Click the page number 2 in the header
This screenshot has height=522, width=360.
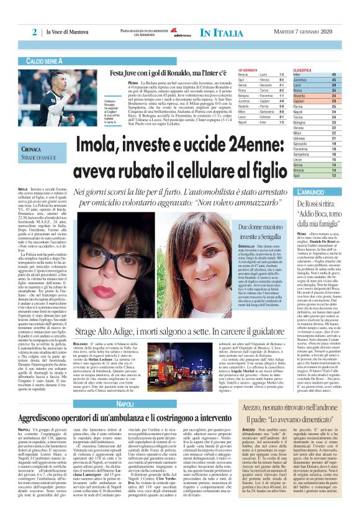click(35, 32)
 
